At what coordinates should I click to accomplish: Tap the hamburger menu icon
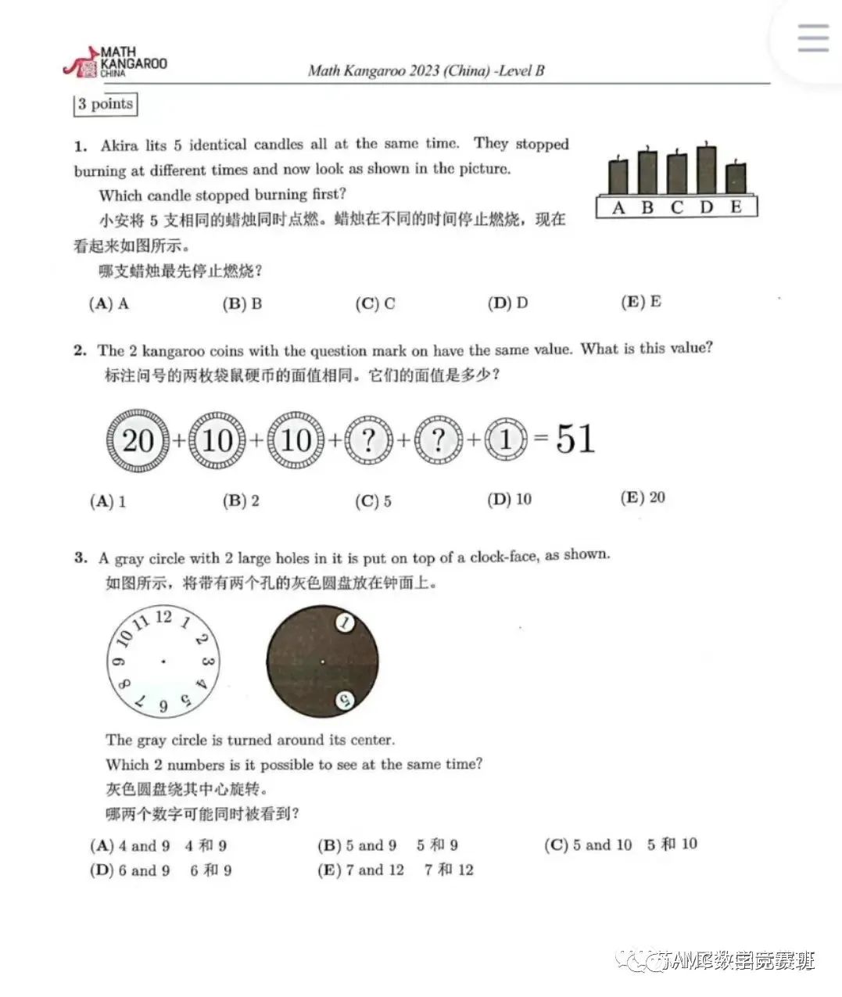(x=812, y=38)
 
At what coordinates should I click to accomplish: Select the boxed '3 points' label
(x=106, y=104)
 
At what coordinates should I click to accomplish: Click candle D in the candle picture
(x=706, y=170)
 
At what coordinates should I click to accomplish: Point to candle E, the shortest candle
(x=735, y=179)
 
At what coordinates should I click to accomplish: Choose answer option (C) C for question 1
(x=375, y=303)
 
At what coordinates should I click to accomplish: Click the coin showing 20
(x=137, y=440)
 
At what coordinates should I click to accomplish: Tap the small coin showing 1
(x=505, y=440)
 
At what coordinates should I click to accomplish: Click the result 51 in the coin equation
(x=575, y=439)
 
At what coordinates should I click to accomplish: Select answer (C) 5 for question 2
(x=374, y=500)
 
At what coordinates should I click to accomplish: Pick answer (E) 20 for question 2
(x=643, y=497)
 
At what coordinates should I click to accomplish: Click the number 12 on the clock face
(x=163, y=617)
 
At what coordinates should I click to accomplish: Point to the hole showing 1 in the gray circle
(x=345, y=623)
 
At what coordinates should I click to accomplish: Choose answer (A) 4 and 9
(x=131, y=845)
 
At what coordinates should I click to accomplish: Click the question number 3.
(x=81, y=558)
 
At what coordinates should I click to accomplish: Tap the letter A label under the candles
(x=618, y=207)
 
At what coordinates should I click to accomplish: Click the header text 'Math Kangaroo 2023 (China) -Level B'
(x=426, y=71)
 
